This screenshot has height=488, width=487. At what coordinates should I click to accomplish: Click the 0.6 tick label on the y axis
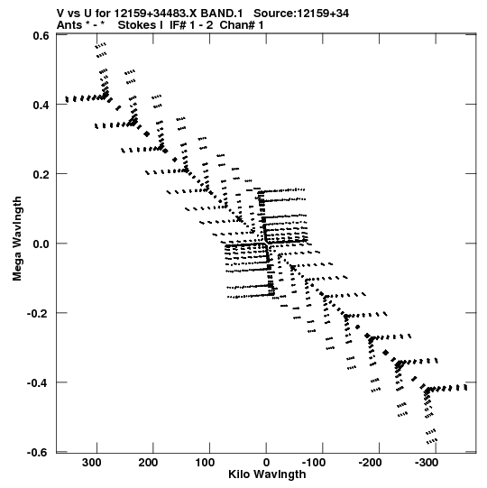[x=41, y=36]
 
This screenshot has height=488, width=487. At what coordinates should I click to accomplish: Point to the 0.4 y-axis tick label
[x=41, y=105]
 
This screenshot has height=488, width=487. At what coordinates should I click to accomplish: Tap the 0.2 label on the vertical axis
[x=41, y=174]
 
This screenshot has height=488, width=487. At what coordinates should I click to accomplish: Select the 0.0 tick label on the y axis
[x=41, y=244]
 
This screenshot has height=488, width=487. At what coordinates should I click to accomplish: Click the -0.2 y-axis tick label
[x=38, y=313]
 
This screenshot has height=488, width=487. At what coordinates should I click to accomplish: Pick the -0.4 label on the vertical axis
[x=38, y=382]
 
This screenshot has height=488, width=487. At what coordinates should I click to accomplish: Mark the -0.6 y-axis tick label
[x=38, y=452]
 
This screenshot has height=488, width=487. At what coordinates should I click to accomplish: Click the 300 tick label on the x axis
[x=91, y=463]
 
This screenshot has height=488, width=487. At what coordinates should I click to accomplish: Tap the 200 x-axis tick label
[x=148, y=463]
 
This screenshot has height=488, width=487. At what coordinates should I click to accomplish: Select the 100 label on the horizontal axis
[x=205, y=463]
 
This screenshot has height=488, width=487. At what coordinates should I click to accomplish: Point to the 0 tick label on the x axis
[x=266, y=463]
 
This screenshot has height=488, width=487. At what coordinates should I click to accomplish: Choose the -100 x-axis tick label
[x=314, y=463]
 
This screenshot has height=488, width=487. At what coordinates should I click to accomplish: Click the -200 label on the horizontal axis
[x=370, y=463]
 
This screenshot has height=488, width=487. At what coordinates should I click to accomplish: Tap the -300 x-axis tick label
[x=427, y=463]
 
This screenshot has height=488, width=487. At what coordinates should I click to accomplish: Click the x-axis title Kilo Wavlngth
[x=267, y=474]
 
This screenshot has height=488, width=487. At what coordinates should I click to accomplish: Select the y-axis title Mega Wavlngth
[x=17, y=239]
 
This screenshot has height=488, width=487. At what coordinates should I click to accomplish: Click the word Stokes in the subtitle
[x=137, y=25]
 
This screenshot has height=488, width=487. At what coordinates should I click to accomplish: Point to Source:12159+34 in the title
[x=301, y=14]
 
